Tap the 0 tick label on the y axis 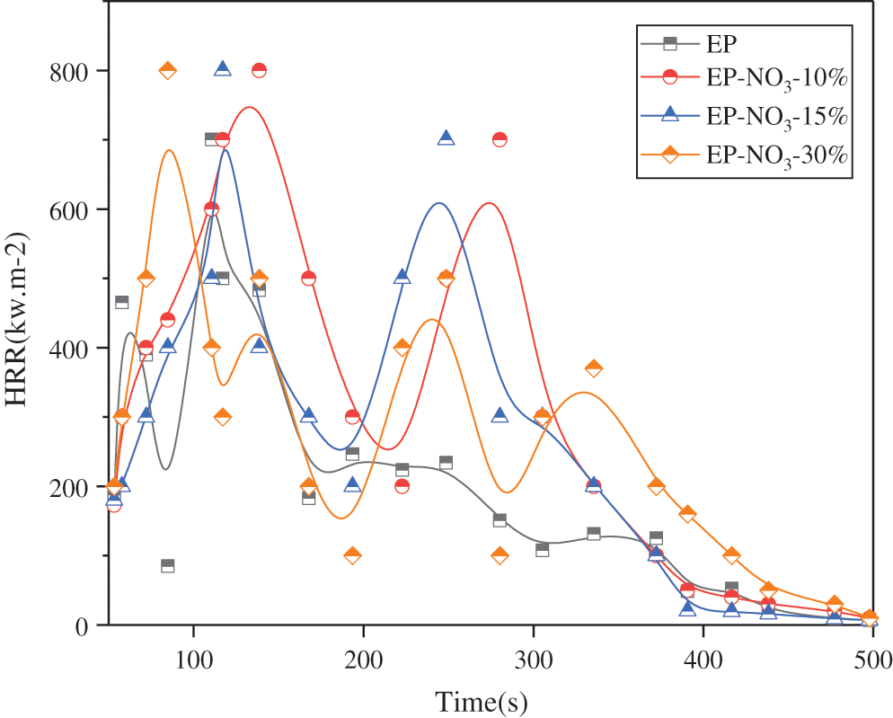click(x=86, y=625)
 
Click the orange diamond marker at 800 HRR click(x=167, y=71)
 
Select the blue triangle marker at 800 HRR click(x=223, y=69)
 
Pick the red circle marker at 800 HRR click(x=259, y=71)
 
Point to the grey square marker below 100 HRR click(x=167, y=566)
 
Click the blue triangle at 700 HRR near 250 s click(x=446, y=138)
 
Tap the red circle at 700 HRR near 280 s click(x=500, y=139)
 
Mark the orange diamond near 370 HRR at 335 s click(x=593, y=368)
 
